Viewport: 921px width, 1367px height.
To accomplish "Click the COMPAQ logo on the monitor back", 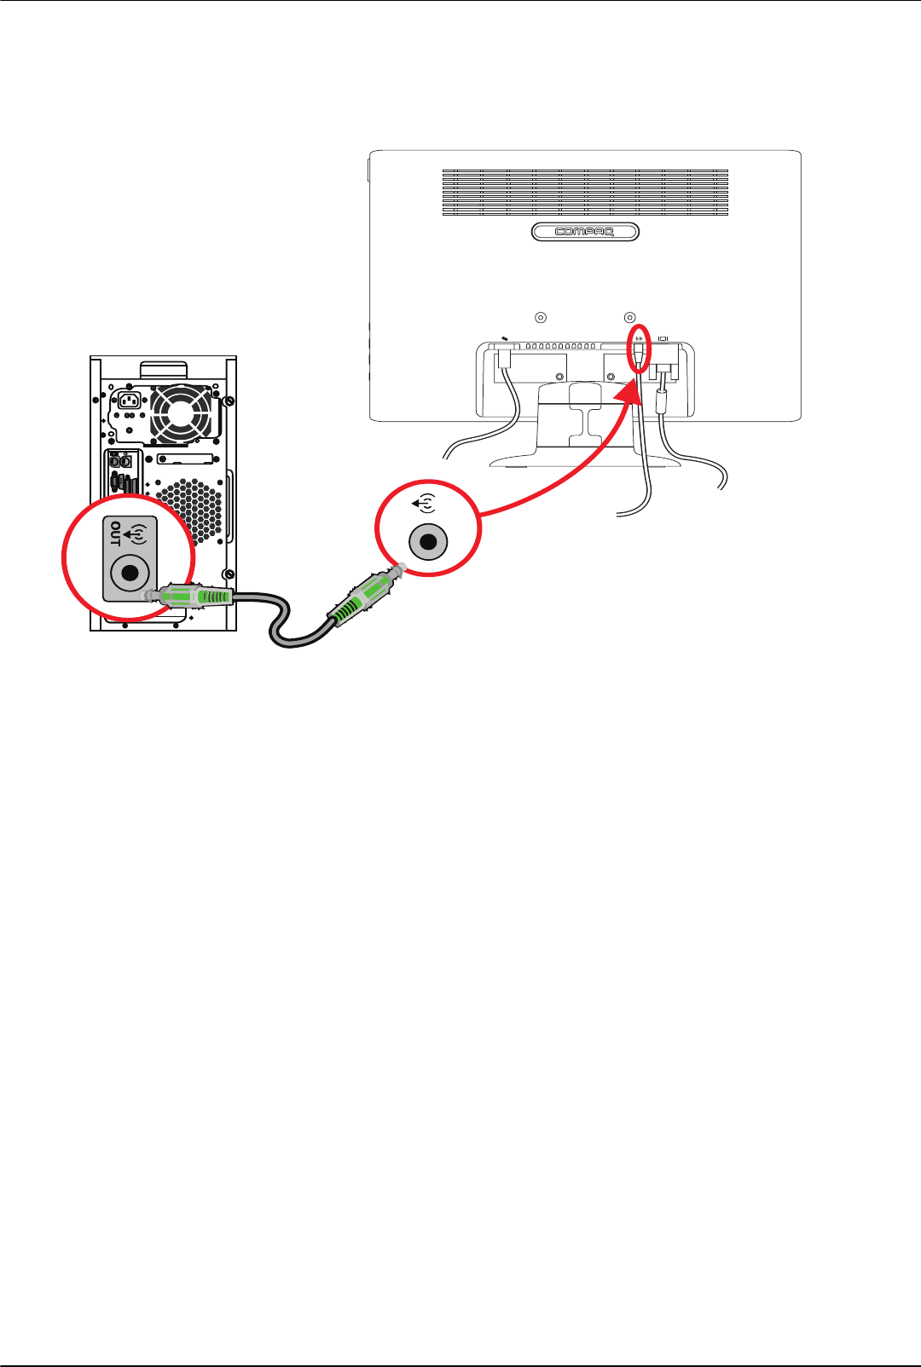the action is pyautogui.click(x=585, y=232).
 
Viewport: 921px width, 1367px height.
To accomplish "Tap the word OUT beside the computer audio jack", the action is pyautogui.click(x=115, y=534).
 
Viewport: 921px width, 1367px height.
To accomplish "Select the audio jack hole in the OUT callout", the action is pyautogui.click(x=130, y=573).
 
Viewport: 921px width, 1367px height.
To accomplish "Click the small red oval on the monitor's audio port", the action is pyautogui.click(x=640, y=349).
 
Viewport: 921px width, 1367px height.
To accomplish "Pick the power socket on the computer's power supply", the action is pyautogui.click(x=130, y=401).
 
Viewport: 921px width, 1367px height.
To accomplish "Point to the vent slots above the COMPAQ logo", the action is pyautogui.click(x=585, y=192).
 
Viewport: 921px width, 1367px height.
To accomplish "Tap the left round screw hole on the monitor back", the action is pyautogui.click(x=540, y=318).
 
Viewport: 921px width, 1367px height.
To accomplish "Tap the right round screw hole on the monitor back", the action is pyautogui.click(x=630, y=318).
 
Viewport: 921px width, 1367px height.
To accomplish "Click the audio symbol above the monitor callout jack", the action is pyautogui.click(x=425, y=504).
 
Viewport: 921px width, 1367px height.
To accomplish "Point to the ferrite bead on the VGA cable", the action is pyautogui.click(x=660, y=401).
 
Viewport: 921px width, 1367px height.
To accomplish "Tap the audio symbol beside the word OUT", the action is pyautogui.click(x=135, y=534).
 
